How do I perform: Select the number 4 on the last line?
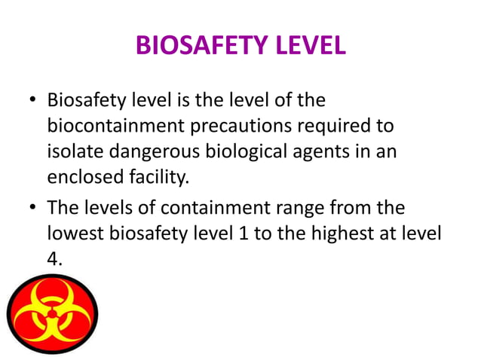[53, 259]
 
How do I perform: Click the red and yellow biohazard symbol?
[52, 313]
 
